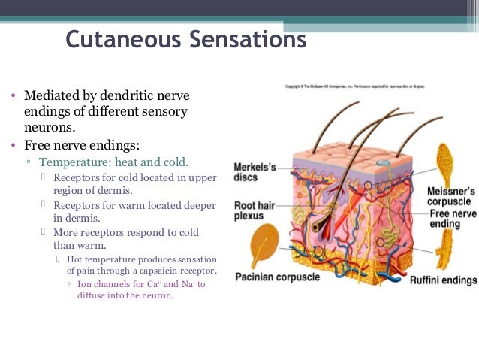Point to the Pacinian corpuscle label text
[x=277, y=277]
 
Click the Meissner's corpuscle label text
[x=449, y=197]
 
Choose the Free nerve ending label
[x=453, y=219]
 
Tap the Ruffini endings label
[x=443, y=280]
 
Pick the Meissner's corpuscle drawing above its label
[x=445, y=162]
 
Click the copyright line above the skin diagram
[x=354, y=86]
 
